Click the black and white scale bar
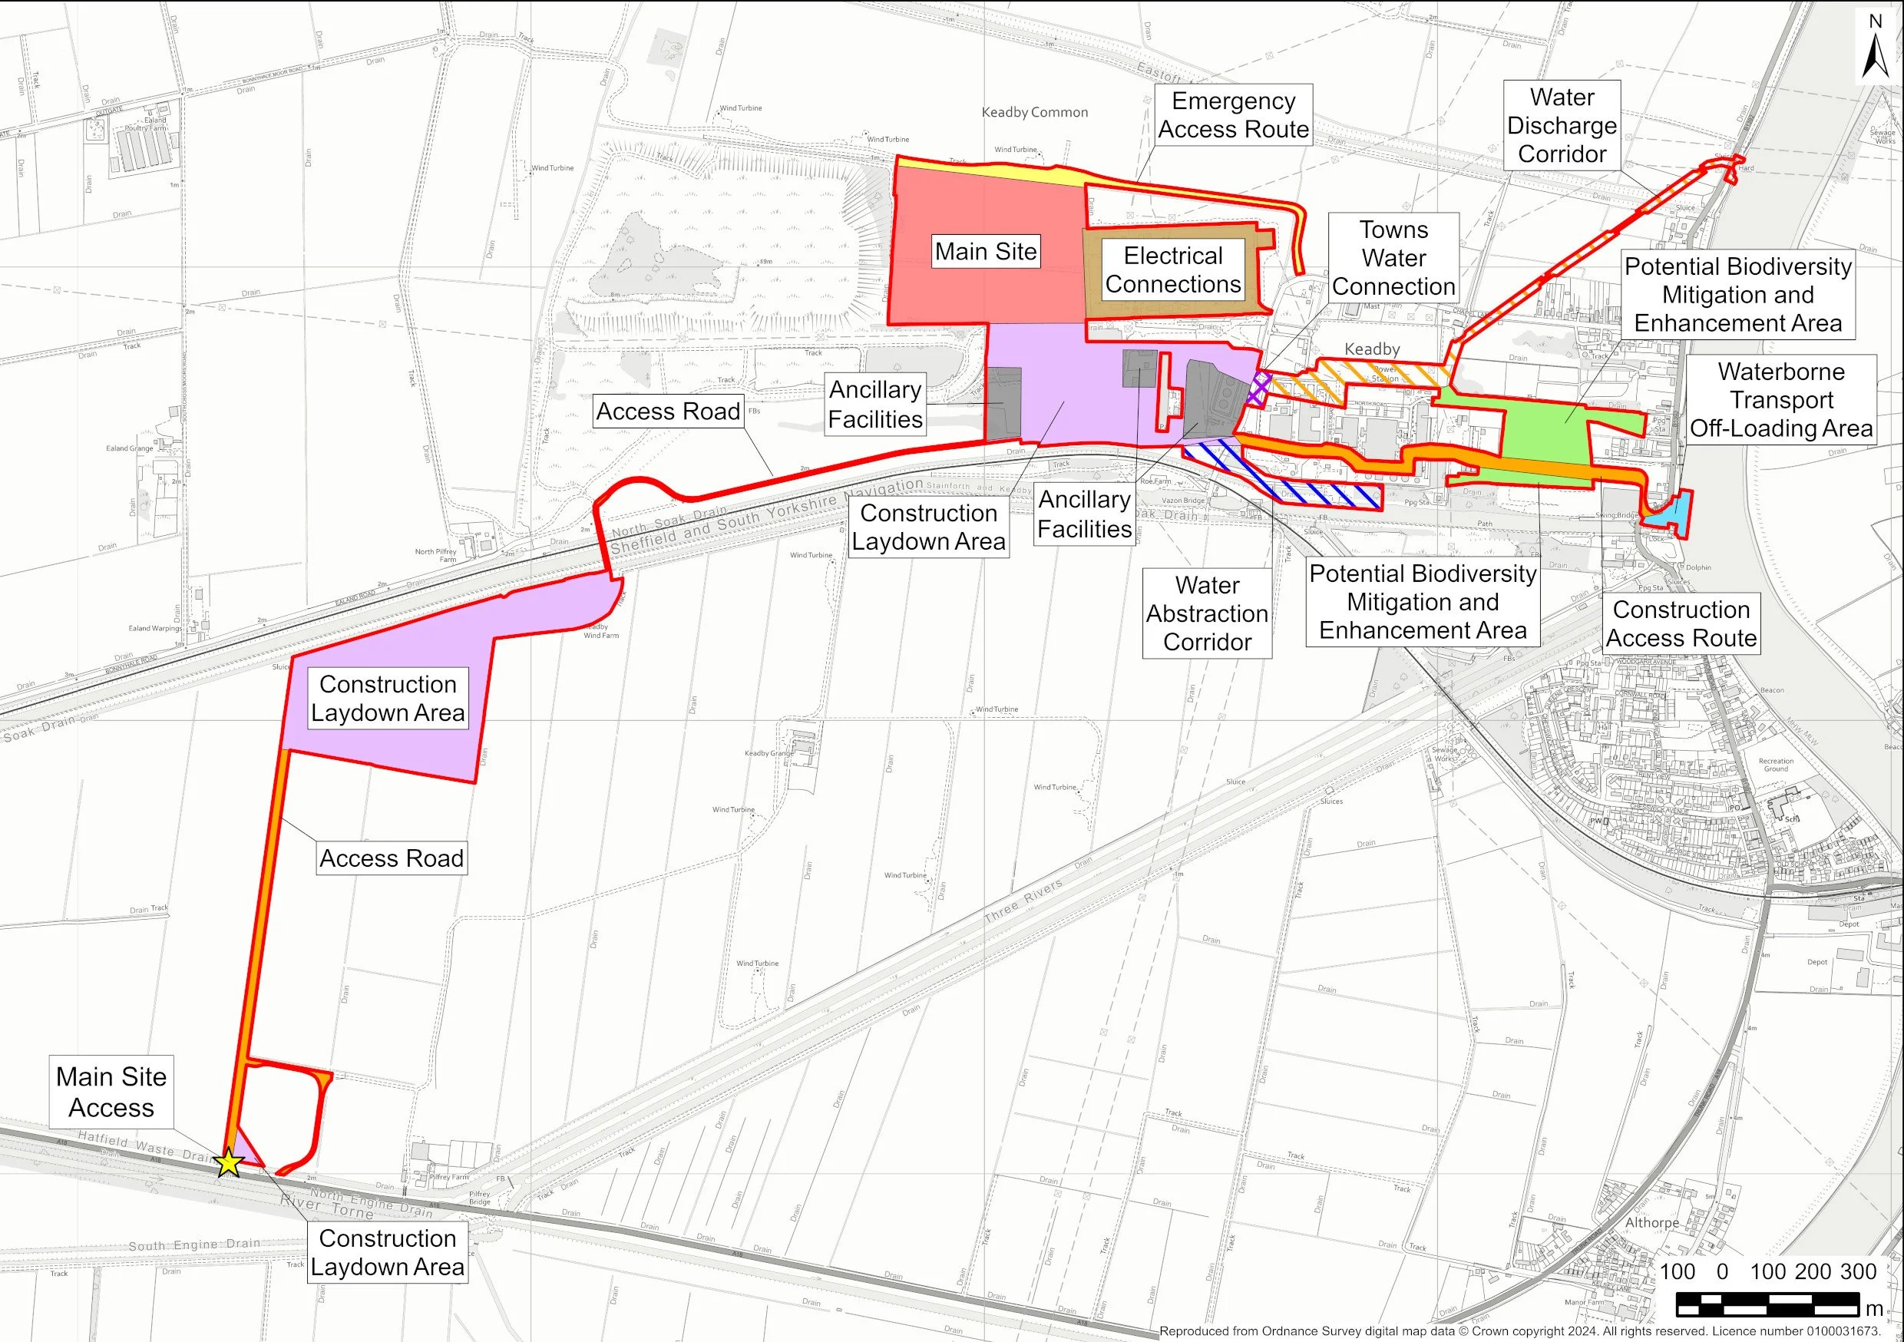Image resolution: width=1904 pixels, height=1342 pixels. (1767, 1304)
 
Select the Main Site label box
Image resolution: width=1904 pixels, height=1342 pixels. (985, 251)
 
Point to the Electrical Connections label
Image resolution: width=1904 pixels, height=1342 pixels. (1172, 270)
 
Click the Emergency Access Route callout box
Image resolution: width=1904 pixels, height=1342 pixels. (1233, 115)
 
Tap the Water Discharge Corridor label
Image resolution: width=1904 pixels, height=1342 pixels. (1562, 126)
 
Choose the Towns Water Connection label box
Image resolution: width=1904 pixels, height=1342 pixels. (1393, 258)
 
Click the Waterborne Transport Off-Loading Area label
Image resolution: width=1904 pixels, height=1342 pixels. (1781, 400)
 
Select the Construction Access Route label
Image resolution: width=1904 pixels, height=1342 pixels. (1681, 623)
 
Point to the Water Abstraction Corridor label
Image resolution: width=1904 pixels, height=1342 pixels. (1207, 613)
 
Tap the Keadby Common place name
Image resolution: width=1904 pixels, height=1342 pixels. (1034, 112)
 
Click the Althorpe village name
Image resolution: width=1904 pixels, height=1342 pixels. (1651, 1222)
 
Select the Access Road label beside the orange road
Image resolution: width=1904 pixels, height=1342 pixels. (392, 858)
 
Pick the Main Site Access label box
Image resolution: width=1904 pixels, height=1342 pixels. (111, 1092)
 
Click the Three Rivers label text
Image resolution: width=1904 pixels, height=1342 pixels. (1023, 901)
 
